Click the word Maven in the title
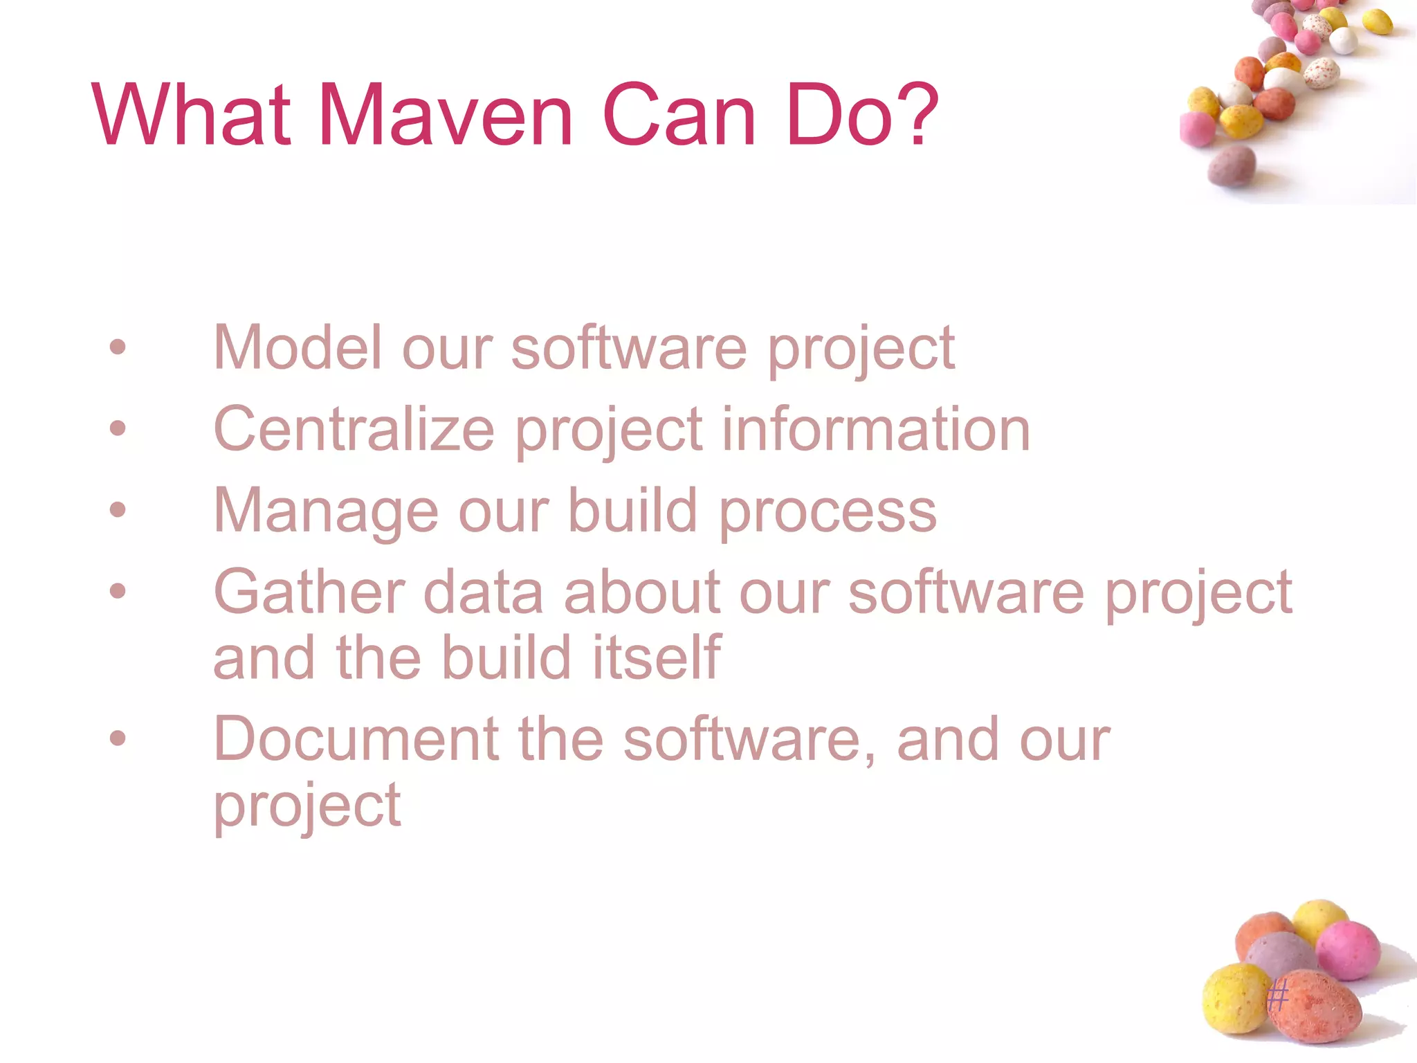coord(445,115)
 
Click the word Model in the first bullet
coord(298,347)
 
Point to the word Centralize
coord(354,429)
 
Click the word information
coord(876,429)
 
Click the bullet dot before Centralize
coord(118,428)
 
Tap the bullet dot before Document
coord(118,738)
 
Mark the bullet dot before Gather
coord(118,591)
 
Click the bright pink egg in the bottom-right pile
coord(1347,951)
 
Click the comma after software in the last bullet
coord(869,756)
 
